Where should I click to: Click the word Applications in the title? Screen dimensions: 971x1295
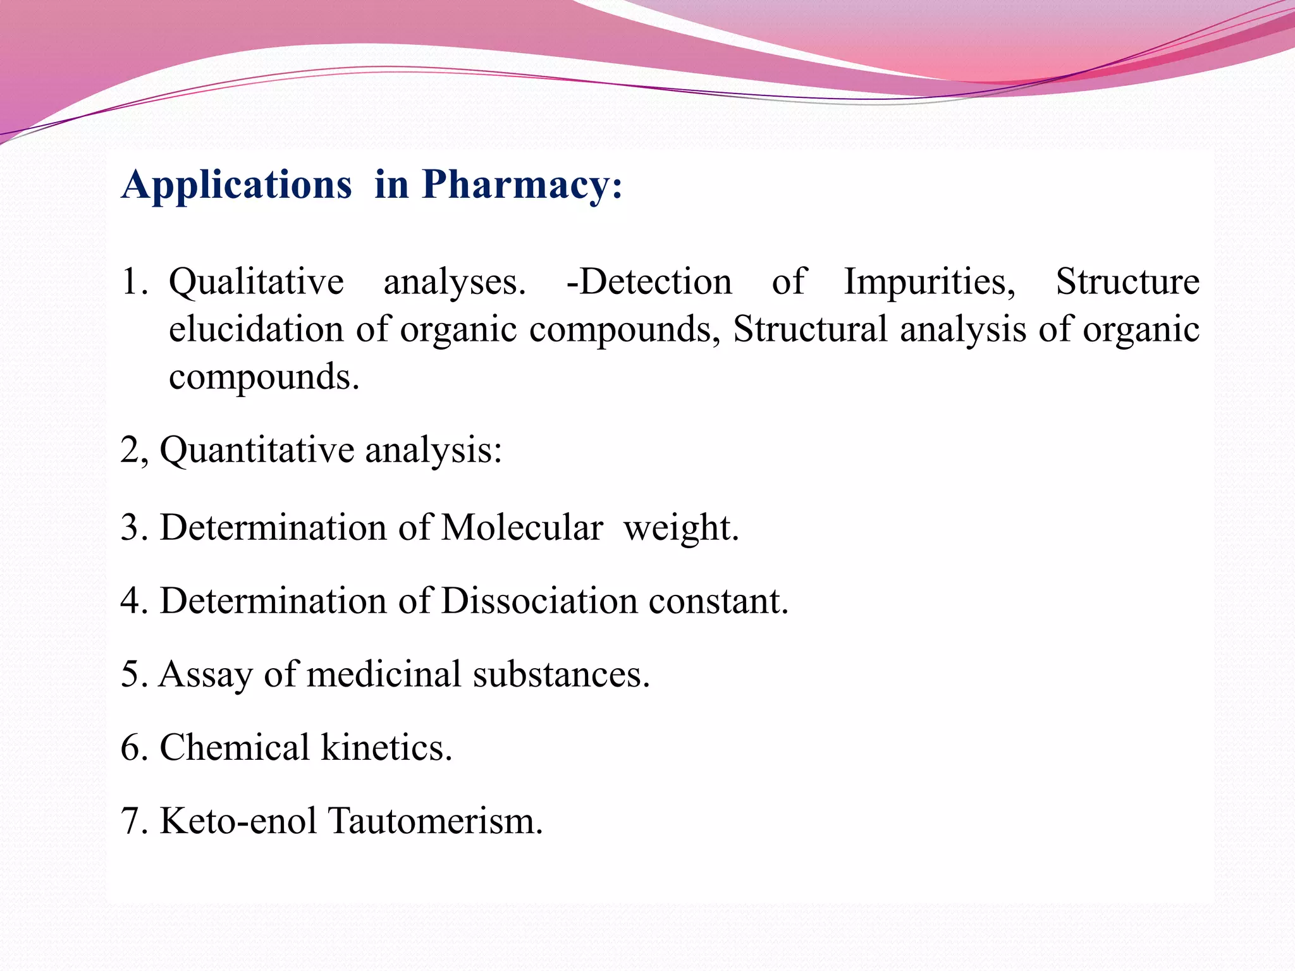[237, 185]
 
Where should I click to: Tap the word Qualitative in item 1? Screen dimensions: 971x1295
[256, 282]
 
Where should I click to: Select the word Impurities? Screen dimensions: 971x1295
[930, 282]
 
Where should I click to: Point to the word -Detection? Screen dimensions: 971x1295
[649, 282]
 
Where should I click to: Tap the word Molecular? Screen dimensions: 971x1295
[522, 527]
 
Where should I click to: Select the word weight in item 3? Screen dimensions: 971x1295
[681, 527]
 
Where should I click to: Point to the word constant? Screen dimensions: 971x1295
[718, 601]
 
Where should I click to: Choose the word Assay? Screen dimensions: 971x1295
[206, 675]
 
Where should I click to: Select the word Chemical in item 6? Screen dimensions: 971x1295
[234, 748]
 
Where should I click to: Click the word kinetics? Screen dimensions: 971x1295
[386, 748]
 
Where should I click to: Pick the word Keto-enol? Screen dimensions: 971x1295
[238, 821]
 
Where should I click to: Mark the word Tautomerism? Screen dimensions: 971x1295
[436, 821]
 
